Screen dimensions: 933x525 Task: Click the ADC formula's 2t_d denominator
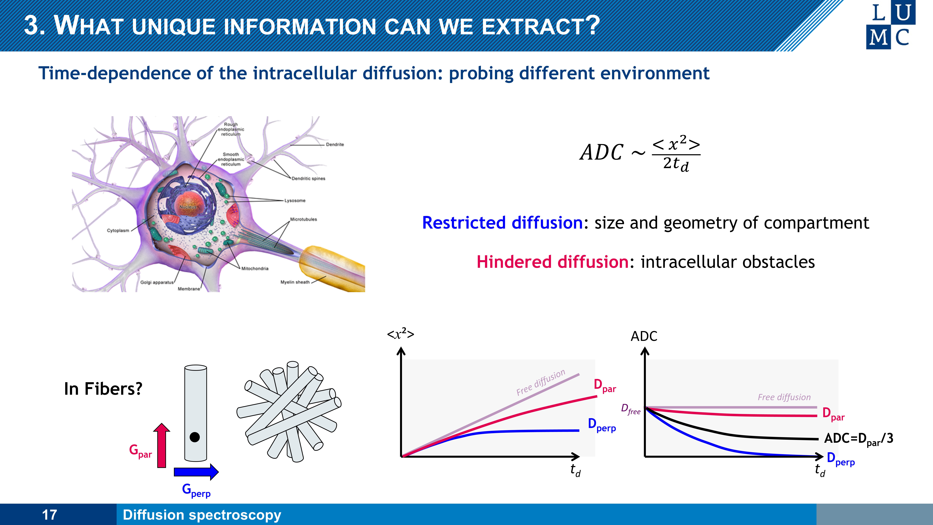(x=676, y=164)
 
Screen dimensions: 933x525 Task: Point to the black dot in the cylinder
(x=195, y=437)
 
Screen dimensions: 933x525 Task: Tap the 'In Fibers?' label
(x=103, y=389)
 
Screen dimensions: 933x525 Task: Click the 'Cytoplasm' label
(x=118, y=230)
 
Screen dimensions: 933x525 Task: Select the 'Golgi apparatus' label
(x=157, y=282)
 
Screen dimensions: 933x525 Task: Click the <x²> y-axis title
(x=401, y=334)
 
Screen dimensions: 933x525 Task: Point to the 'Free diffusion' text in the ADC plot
(x=784, y=397)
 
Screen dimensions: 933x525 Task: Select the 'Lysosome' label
(x=295, y=200)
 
